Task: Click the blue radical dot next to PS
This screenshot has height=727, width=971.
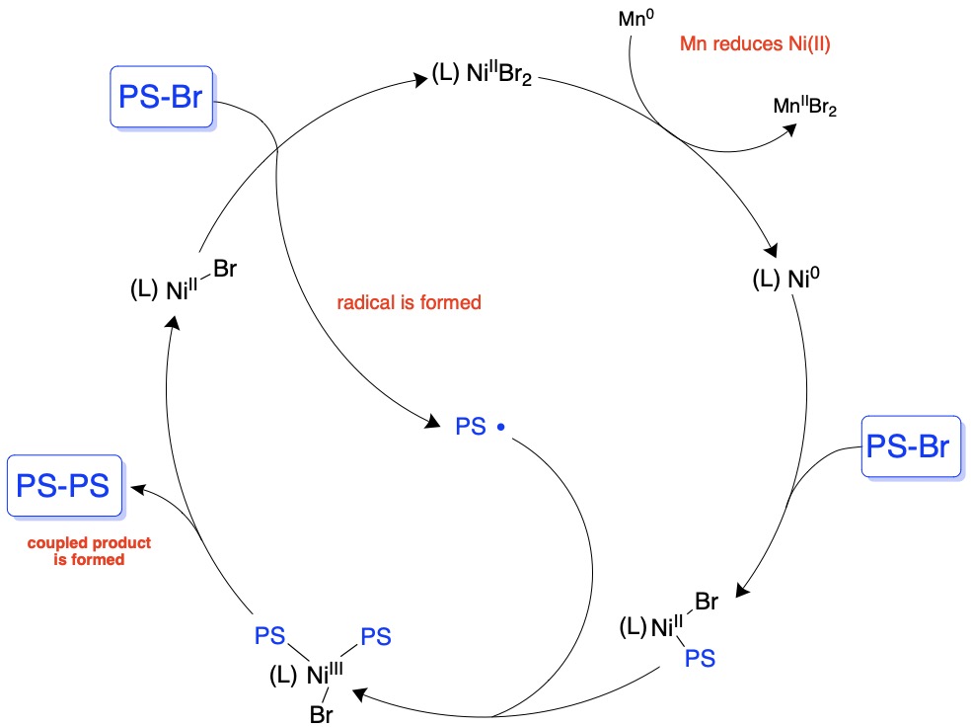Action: click(501, 427)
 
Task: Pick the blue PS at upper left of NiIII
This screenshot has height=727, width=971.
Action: click(269, 632)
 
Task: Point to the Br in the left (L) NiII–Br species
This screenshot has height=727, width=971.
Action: click(226, 269)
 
